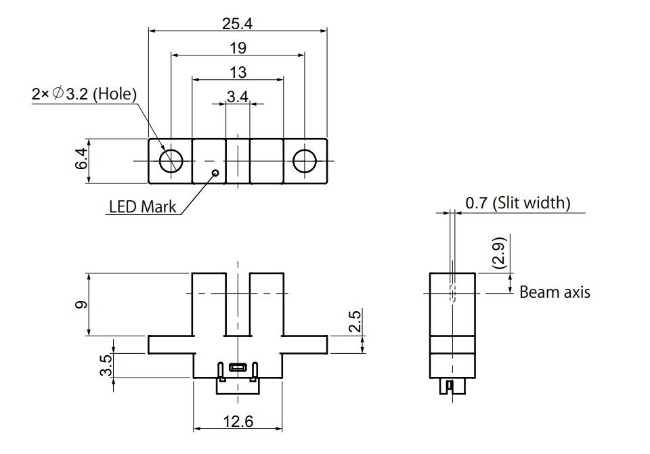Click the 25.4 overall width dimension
237,24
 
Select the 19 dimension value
237,48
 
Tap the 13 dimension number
238,72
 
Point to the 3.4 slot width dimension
238,97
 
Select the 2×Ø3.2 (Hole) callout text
84,94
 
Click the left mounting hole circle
171,160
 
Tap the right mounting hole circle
305,160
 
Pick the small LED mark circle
215,173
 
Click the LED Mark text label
142,207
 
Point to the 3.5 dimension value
105,365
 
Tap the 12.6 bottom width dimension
238,422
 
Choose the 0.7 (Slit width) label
518,202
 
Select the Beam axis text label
555,292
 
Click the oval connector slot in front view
238,368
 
